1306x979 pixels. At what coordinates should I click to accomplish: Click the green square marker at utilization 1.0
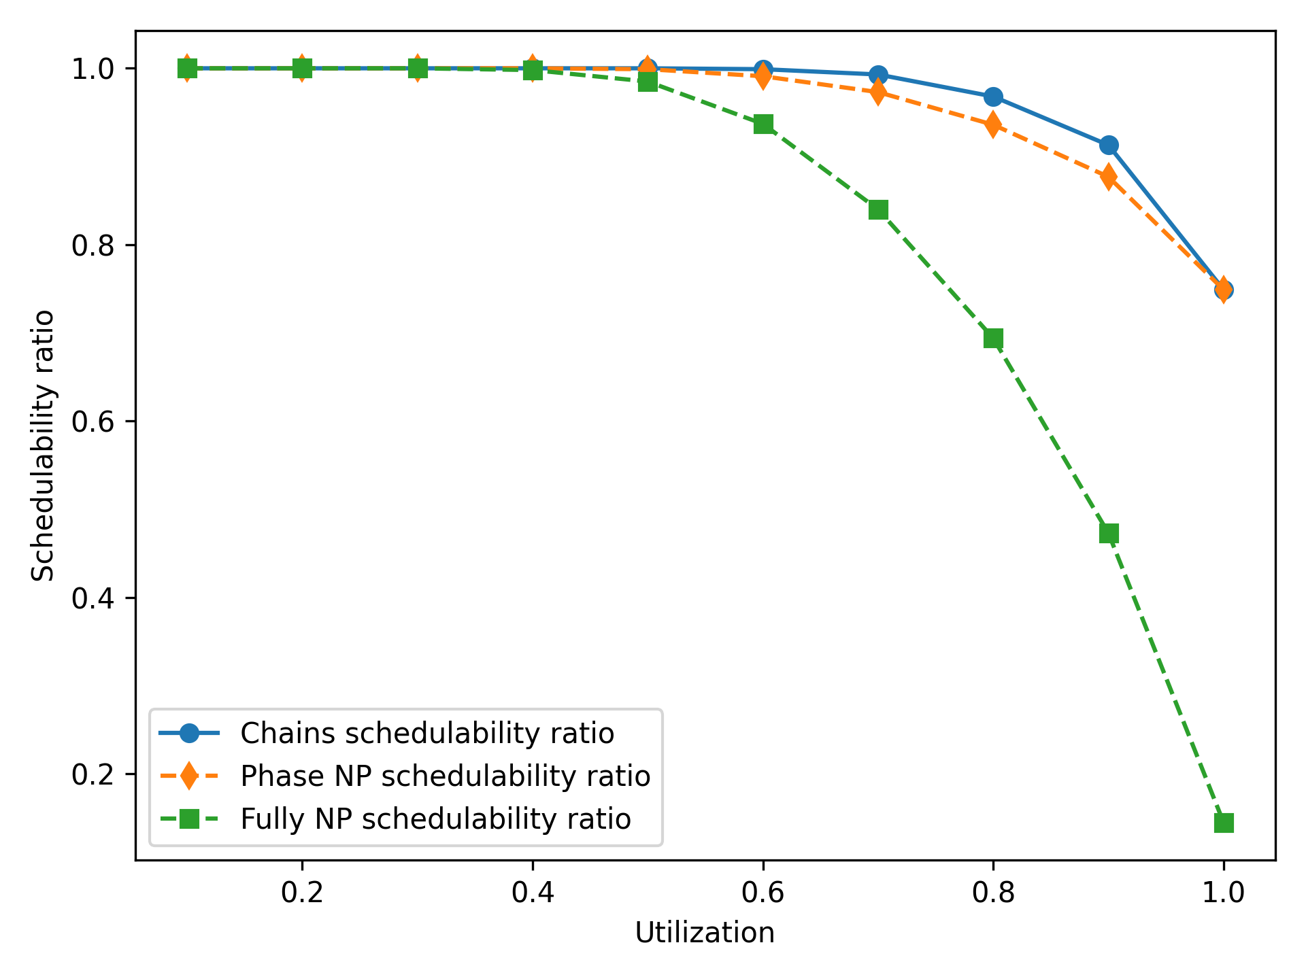tap(1224, 823)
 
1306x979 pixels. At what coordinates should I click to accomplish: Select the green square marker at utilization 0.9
tap(1109, 534)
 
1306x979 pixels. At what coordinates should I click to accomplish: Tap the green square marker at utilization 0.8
tap(993, 339)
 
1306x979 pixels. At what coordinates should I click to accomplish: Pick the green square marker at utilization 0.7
tap(878, 210)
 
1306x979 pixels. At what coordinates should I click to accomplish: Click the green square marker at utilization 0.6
tap(763, 124)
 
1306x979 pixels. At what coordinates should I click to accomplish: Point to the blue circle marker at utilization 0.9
tap(1109, 145)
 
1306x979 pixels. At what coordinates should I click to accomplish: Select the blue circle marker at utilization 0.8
tap(993, 97)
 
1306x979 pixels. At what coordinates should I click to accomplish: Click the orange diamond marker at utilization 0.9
tap(1109, 177)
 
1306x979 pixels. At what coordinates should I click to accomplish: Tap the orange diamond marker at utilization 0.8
tap(993, 124)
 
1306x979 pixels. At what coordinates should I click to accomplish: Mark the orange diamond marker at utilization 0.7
tap(878, 91)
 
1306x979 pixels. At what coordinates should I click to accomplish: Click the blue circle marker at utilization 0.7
tap(878, 74)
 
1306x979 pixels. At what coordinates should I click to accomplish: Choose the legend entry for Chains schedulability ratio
tap(427, 734)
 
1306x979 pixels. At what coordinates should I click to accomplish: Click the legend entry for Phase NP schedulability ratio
tap(445, 776)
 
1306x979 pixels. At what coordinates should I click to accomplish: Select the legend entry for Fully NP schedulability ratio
tap(435, 819)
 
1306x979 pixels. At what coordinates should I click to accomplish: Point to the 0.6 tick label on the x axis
tap(763, 893)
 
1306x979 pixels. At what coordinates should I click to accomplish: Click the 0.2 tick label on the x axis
tap(302, 893)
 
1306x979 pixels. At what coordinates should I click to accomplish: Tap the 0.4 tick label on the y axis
tap(94, 598)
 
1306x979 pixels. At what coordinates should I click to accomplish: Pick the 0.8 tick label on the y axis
tap(94, 245)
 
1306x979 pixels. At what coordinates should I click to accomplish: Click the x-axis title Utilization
tap(705, 933)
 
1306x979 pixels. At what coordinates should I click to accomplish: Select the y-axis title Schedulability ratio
tap(44, 446)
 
